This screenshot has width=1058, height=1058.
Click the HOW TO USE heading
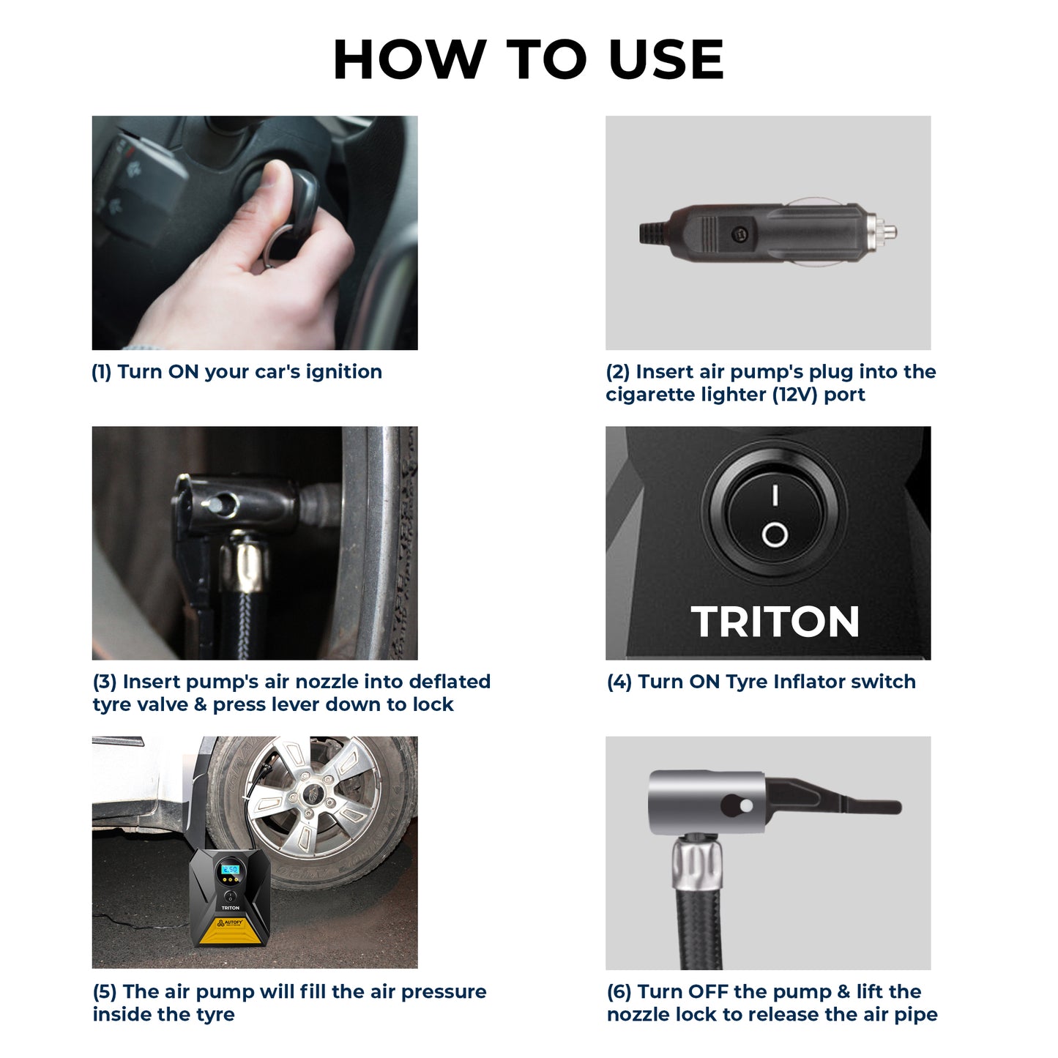pyautogui.click(x=528, y=59)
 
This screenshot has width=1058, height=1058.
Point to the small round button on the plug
pyautogui.click(x=740, y=234)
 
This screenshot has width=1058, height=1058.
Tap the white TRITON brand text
pyautogui.click(x=775, y=622)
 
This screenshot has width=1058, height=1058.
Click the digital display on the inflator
pyautogui.click(x=230, y=869)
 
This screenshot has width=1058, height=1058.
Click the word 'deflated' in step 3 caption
pyautogui.click(x=449, y=682)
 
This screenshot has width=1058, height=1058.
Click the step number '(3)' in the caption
pyautogui.click(x=105, y=682)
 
